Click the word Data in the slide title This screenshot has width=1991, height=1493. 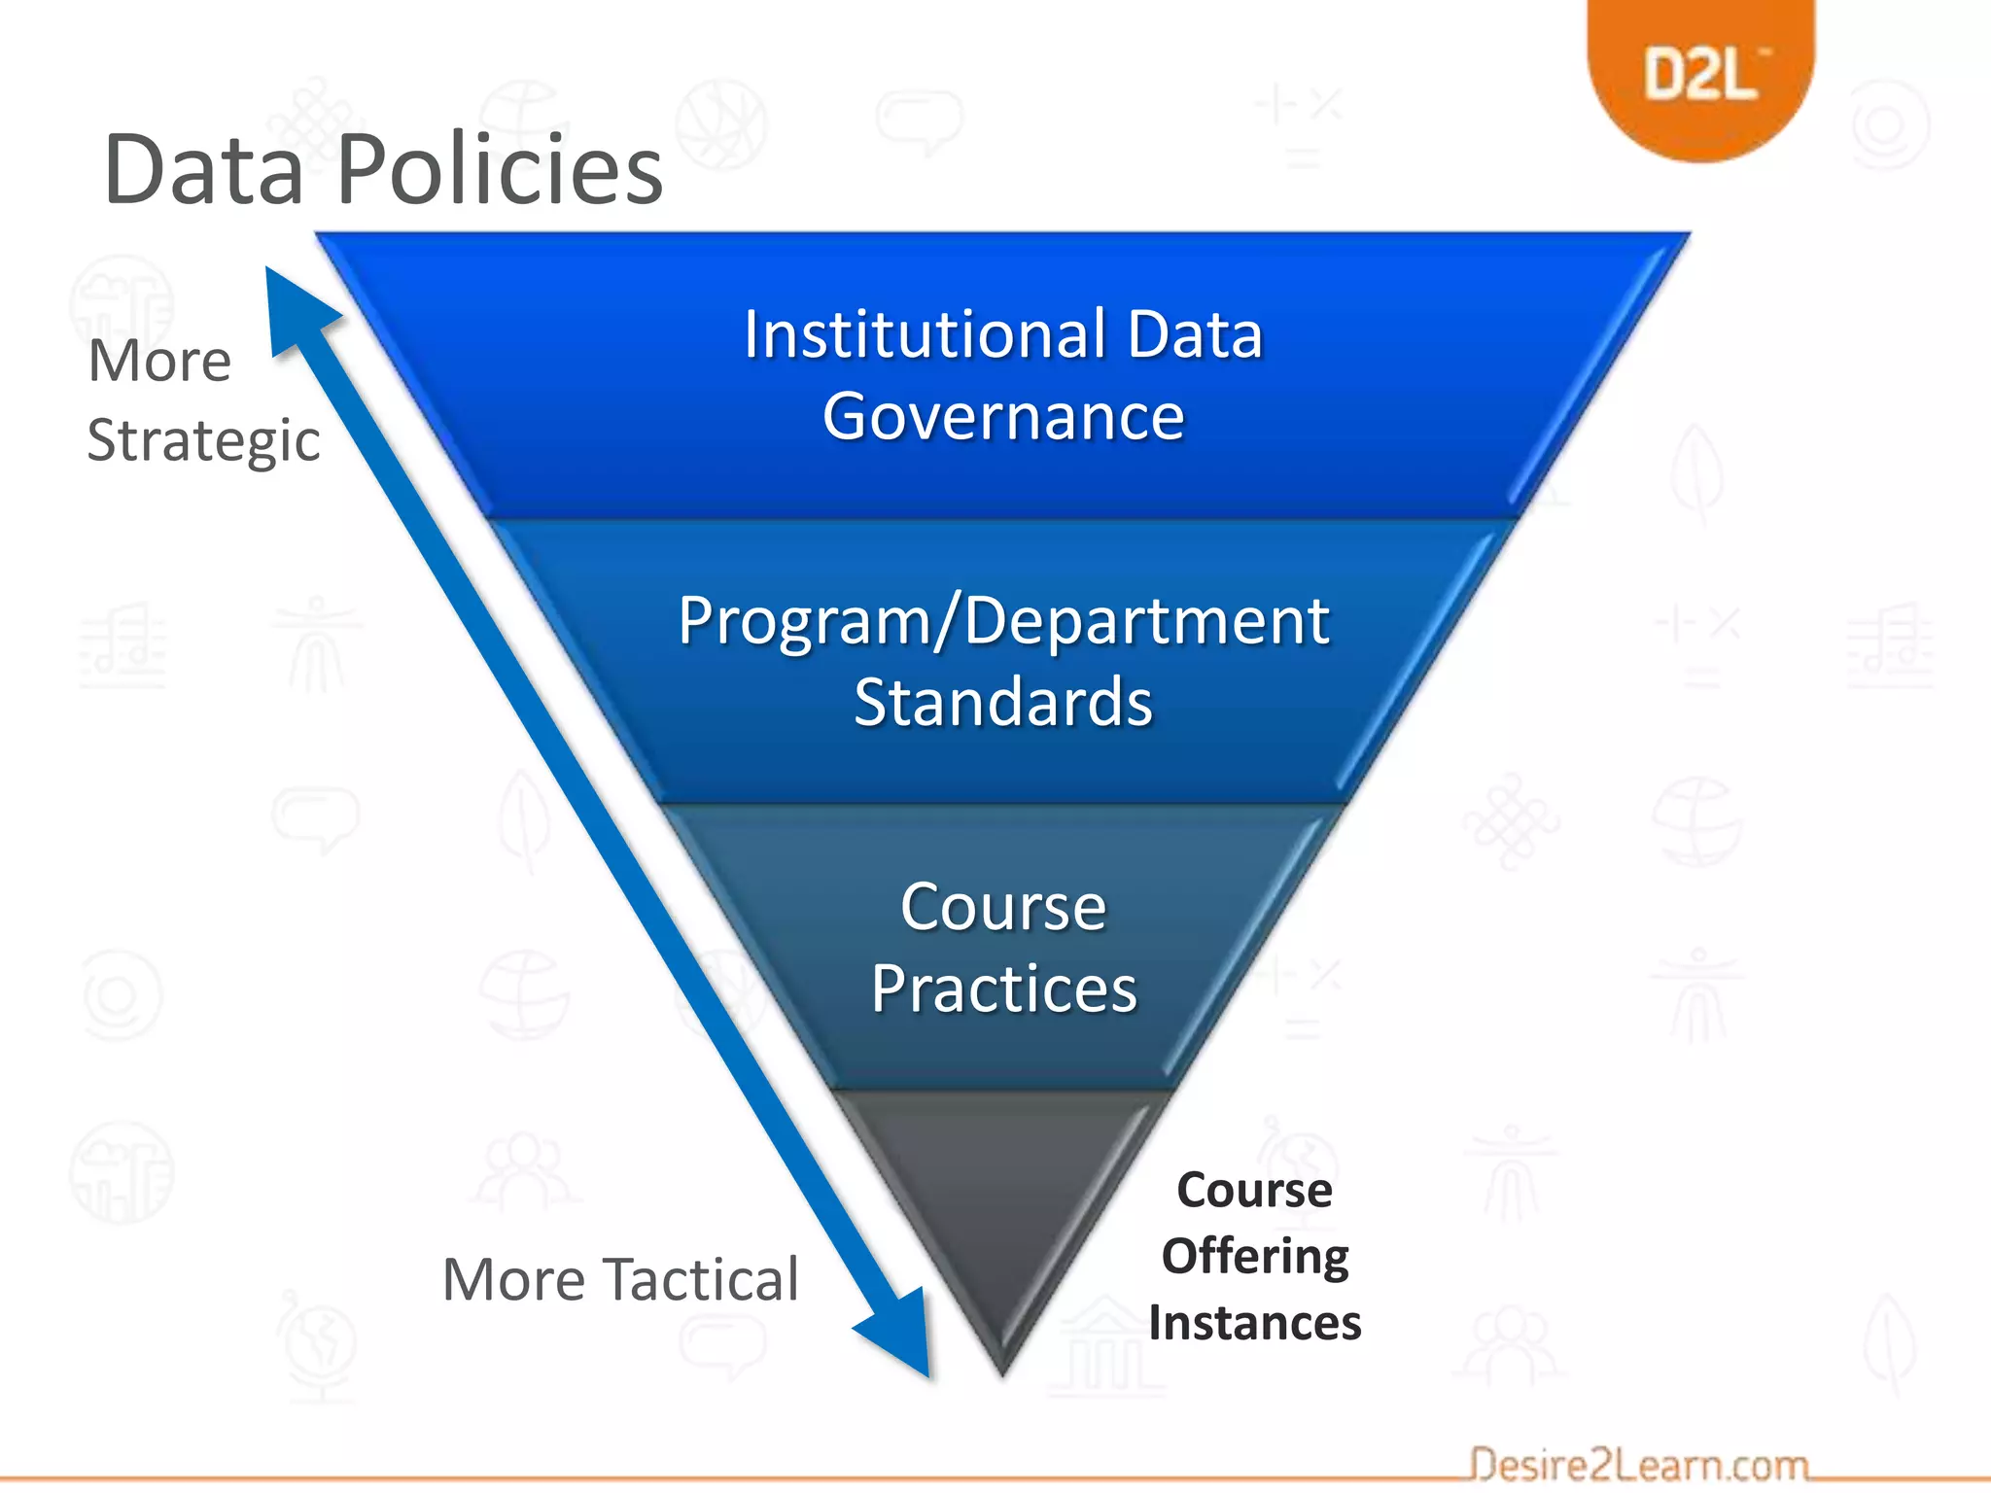203,170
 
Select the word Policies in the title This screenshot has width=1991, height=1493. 500,170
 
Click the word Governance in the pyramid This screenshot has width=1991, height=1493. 1003,416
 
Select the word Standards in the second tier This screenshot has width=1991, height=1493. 1003,702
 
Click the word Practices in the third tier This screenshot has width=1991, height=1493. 1003,989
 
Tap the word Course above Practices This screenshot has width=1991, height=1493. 1003,907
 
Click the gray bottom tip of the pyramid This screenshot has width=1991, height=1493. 1001,1215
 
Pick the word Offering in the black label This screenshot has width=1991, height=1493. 1254,1256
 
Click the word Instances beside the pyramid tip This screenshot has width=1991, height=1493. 1254,1323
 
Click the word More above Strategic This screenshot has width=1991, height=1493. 159,362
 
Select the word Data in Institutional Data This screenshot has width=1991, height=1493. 1195,334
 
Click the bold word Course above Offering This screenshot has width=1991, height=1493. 1254,1190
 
